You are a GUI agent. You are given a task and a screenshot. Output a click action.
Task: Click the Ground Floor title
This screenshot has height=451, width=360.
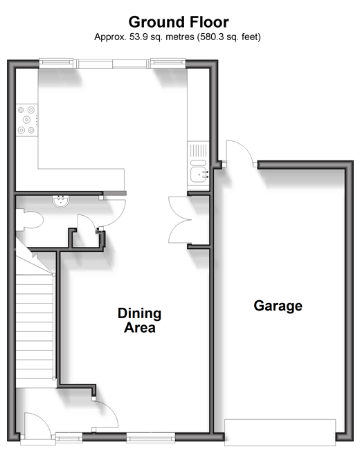coord(179,22)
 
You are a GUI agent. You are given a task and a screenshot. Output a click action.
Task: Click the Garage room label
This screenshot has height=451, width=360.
coord(278,306)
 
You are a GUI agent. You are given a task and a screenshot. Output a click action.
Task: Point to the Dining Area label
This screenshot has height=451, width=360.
coord(140,320)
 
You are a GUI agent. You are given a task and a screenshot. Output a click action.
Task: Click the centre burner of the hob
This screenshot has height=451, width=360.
coord(26,120)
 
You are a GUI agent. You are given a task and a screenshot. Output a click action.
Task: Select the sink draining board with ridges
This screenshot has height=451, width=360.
coord(199,150)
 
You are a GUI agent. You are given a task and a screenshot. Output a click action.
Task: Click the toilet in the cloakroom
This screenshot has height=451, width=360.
coord(29,220)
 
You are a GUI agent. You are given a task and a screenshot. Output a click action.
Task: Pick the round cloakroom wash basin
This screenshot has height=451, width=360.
coord(61,201)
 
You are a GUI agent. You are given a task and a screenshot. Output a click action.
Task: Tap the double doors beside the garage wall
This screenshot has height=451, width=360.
coord(180,220)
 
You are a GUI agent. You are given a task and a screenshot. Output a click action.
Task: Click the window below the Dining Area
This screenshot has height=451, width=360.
coord(150,437)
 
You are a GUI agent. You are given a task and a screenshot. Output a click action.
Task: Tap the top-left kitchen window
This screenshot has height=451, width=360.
coord(56,64)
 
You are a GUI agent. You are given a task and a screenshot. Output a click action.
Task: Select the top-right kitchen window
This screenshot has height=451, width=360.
coord(168,64)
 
